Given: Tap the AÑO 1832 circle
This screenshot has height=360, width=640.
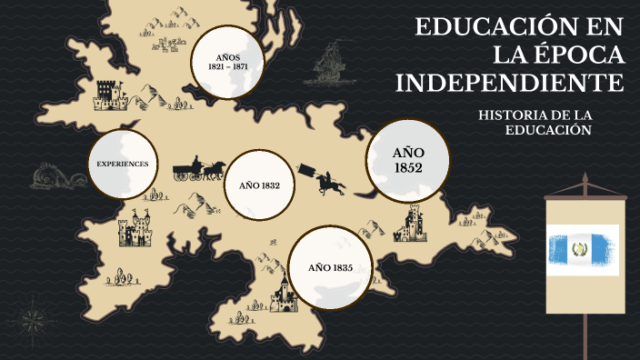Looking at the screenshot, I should click(x=259, y=185).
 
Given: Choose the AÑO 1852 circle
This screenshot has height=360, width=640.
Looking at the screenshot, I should click(x=408, y=160).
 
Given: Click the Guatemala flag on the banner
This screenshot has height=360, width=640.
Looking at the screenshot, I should click(x=583, y=249).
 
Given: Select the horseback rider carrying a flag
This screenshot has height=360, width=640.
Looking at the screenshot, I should click(x=328, y=180).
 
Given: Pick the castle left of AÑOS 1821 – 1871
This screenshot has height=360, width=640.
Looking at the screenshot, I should click(x=108, y=91).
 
